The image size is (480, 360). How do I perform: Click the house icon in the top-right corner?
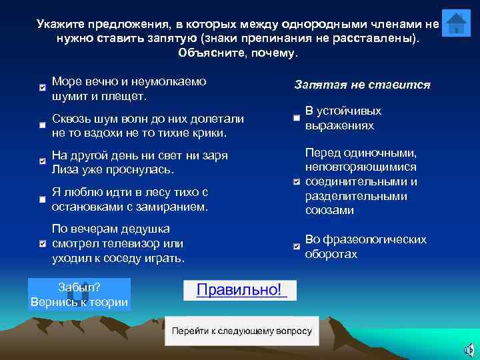pyautogui.click(x=456, y=24)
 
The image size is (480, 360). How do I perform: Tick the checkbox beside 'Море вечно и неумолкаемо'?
pyautogui.click(x=43, y=87)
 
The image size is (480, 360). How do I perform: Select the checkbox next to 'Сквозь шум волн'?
pyautogui.click(x=43, y=125)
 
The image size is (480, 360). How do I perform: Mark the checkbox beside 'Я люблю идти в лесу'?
pyautogui.click(x=43, y=199)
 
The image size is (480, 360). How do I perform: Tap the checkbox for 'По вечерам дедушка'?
pyautogui.click(x=43, y=243)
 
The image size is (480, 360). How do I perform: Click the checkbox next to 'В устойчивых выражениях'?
pyautogui.click(x=296, y=118)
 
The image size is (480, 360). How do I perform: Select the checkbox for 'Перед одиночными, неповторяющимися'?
pyautogui.click(x=296, y=182)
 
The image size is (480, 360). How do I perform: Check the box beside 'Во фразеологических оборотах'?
pyautogui.click(x=296, y=247)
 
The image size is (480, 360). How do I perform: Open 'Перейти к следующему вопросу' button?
pyautogui.click(x=241, y=331)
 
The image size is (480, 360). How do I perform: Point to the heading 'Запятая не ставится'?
pyautogui.click(x=362, y=85)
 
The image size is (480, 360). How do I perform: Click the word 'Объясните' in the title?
pyautogui.click(x=210, y=53)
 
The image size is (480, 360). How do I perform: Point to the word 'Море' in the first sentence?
pyautogui.click(x=67, y=81)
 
